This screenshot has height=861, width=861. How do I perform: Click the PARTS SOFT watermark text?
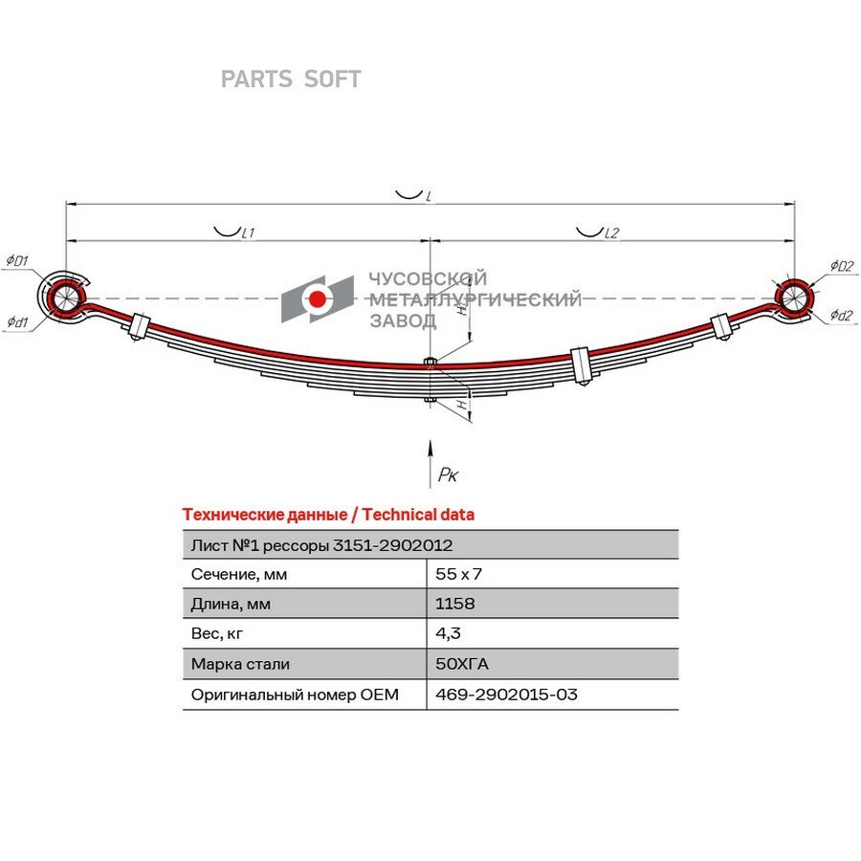pos(291,79)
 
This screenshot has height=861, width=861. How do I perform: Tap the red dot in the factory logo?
pos(317,298)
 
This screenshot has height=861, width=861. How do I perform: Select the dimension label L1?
pos(248,232)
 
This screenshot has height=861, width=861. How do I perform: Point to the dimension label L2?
pos(611,232)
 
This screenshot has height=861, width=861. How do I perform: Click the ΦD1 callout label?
pos(17,260)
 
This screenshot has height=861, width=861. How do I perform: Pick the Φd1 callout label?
pos(17,321)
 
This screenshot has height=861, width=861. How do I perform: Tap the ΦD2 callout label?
pos(842,266)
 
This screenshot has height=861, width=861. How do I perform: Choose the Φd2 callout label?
pos(841,315)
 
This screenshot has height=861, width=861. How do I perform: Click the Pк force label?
pos(448,475)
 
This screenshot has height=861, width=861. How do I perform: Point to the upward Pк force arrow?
pos(430,463)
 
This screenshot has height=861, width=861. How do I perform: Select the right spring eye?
pos(793,298)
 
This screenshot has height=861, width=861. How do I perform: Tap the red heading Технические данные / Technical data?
pos(328,515)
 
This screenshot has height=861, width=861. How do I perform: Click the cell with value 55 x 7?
pos(458,574)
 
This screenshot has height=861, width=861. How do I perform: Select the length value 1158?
pos(454,604)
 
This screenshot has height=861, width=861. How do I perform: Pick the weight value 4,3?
pos(448,633)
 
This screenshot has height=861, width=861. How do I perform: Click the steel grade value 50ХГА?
pos(462,664)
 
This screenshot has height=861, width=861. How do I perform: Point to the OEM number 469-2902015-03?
pos(506,695)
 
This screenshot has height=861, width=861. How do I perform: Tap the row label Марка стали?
pos(240,664)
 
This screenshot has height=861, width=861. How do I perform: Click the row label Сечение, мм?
pos(239,574)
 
